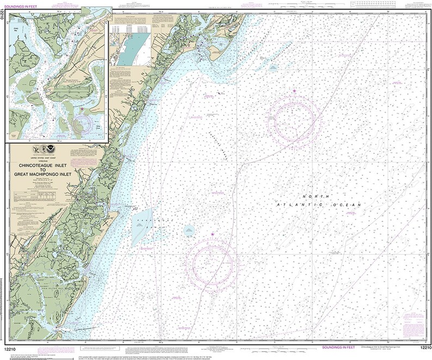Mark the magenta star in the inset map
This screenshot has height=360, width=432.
click(82, 109)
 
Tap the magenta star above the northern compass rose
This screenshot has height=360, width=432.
click(295, 91)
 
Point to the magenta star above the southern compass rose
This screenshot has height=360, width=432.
click(212, 234)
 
